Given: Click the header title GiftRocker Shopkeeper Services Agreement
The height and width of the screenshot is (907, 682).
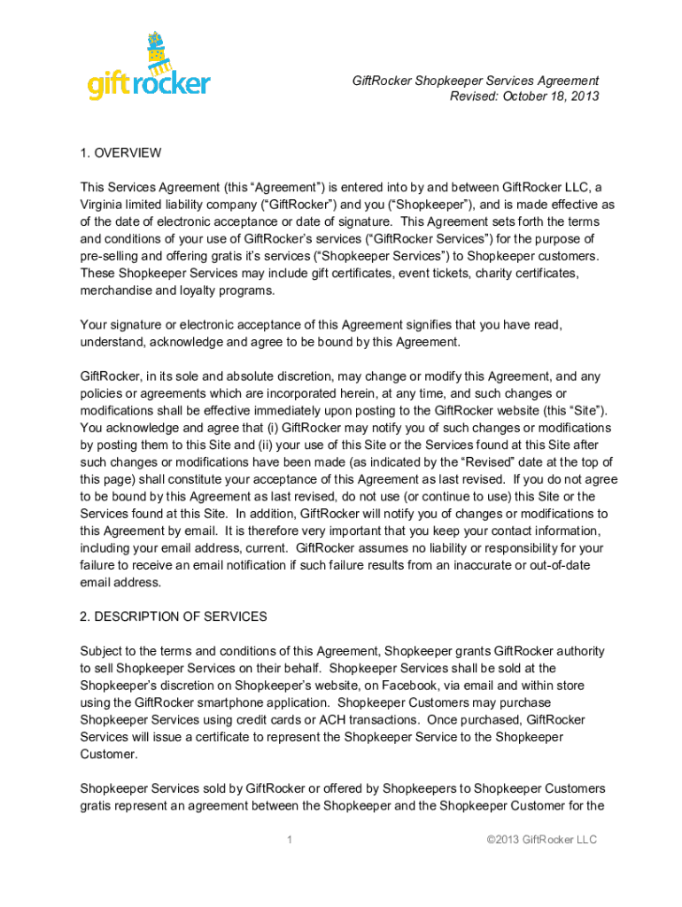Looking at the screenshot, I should pos(476,81).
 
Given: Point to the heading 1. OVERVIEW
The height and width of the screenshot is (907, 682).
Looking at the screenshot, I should pos(120,152).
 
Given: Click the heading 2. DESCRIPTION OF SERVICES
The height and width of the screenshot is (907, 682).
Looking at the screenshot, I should pos(174,616).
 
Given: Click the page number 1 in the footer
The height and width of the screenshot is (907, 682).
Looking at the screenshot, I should pos(290,840).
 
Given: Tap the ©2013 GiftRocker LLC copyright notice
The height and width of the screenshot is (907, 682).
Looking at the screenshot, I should pos(542,840).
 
